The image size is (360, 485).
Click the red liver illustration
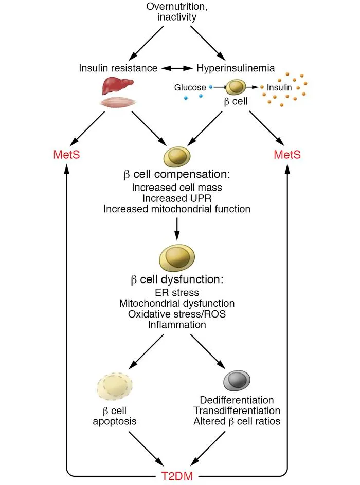[x=117, y=86]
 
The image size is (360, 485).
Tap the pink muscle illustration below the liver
[x=118, y=102]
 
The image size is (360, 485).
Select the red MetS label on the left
[x=66, y=155]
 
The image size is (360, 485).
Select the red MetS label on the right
[x=287, y=155]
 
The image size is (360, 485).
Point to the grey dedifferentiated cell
[x=237, y=381]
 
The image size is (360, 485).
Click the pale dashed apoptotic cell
[x=115, y=387]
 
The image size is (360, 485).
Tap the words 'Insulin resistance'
[x=118, y=68]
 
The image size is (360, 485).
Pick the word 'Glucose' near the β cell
[x=190, y=88]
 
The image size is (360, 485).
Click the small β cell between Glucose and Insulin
[x=237, y=87]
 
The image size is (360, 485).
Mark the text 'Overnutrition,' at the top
[x=177, y=7]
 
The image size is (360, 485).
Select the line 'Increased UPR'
[x=177, y=198]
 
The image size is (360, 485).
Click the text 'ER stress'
[x=177, y=293]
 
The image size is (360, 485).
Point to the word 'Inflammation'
[x=177, y=325]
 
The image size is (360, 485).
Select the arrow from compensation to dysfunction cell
[x=177, y=229]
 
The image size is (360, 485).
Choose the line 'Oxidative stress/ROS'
[x=177, y=314]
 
